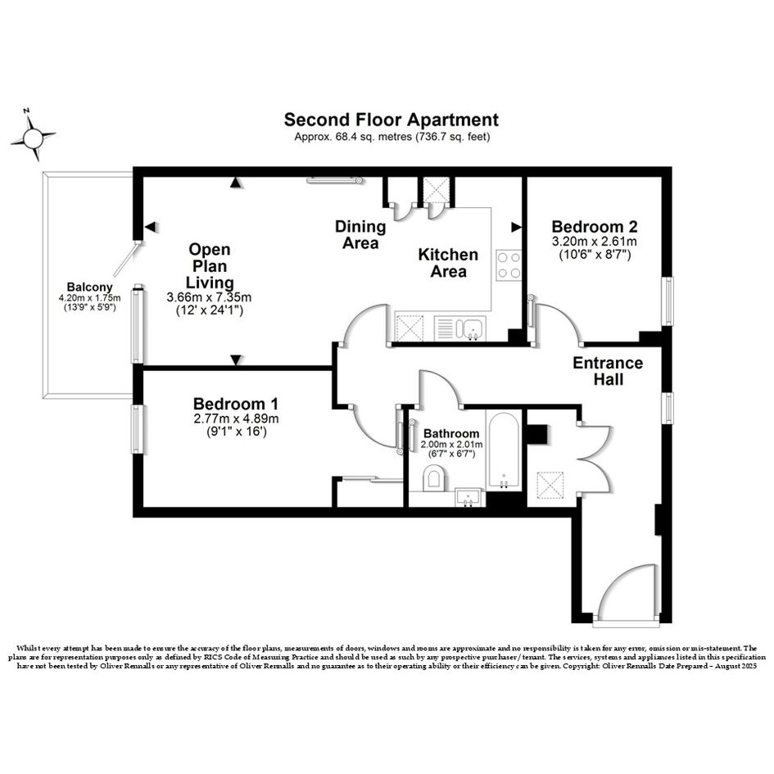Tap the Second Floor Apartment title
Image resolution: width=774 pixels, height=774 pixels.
coord(391,120)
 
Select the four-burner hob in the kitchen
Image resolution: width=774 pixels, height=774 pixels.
coord(508,265)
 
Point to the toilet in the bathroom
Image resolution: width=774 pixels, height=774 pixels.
coord(434,480)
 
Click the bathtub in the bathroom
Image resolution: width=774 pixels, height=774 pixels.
coord(503,450)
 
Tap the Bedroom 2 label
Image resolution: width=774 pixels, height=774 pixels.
coord(595,227)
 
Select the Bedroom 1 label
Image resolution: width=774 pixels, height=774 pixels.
coord(235,404)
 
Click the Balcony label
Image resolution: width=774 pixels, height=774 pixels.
coord(89,287)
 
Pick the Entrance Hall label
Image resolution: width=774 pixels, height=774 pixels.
coord(608,371)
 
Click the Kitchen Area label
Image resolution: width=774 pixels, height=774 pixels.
coord(448,263)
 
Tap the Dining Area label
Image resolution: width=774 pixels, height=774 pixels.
coord(360,235)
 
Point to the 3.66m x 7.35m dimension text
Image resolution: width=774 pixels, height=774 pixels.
coord(210,297)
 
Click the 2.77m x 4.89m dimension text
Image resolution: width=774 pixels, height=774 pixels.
coord(236,419)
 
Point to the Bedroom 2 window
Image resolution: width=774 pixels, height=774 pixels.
coord(667,301)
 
